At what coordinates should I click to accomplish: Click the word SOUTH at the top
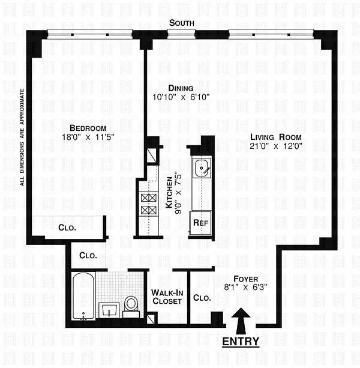tap(181, 23)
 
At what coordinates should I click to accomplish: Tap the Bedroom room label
tap(88, 128)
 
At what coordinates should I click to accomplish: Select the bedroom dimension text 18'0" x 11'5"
tap(88, 137)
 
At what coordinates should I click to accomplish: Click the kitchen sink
tap(200, 167)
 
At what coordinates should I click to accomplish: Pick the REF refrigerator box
tap(199, 222)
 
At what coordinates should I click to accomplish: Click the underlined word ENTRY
tap(241, 342)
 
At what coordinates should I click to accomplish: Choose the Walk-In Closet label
tap(166, 297)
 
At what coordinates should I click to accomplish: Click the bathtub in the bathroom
tap(81, 297)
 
